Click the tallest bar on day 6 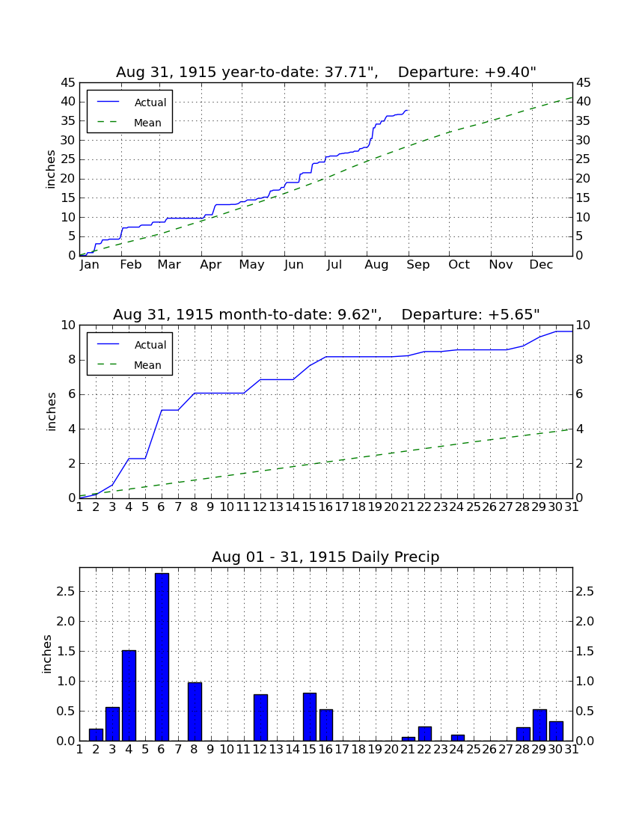click(162, 657)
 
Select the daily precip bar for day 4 click(129, 696)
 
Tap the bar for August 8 click(195, 712)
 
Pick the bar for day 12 click(260, 718)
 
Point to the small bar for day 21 click(409, 739)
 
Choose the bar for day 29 click(539, 725)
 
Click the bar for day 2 click(96, 735)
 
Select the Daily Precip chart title click(325, 557)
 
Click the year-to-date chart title click(326, 72)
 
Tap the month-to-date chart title click(326, 314)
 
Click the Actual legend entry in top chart click(130, 103)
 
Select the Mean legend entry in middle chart click(130, 365)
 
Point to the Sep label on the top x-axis click(418, 265)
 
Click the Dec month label click(541, 265)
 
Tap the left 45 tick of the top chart click(68, 83)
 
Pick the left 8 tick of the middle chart click(72, 360)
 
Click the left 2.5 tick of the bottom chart click(66, 592)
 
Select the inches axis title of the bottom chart click(47, 654)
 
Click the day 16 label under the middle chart click(326, 507)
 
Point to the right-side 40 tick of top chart click(583, 101)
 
